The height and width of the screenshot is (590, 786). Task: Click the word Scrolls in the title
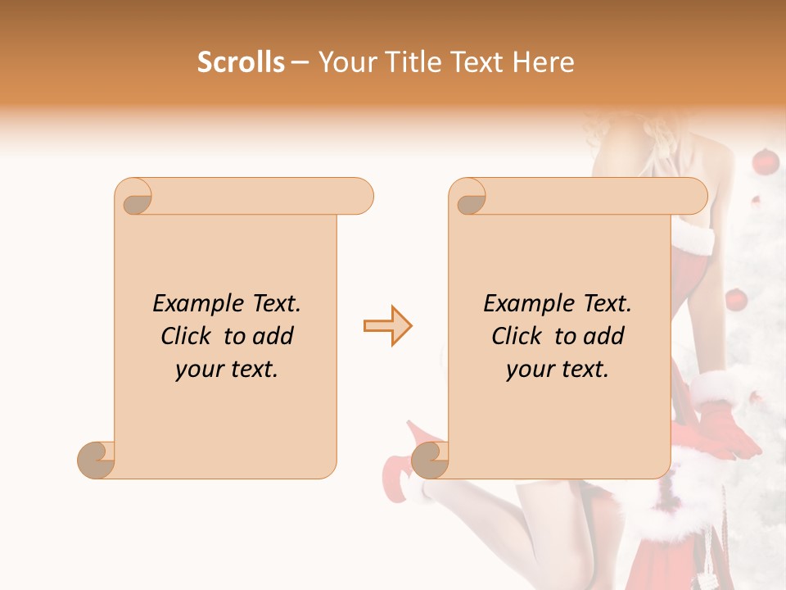[x=242, y=62]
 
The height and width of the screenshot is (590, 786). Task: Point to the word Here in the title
[x=544, y=62]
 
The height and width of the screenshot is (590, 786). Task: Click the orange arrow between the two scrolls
[x=387, y=326]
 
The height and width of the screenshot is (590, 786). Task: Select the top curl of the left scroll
[x=136, y=199]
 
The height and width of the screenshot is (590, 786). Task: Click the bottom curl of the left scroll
[x=96, y=460]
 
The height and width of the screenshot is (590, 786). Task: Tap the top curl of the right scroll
[x=470, y=199]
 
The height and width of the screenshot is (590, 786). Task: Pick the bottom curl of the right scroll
[x=430, y=460]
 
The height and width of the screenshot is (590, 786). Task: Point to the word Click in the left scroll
[x=187, y=337]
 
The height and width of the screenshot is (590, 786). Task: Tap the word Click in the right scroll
[x=517, y=337]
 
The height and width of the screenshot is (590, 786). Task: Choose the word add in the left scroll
[x=273, y=337]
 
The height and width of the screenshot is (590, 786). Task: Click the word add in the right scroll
[x=604, y=337]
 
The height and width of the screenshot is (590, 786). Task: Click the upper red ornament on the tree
[x=765, y=161]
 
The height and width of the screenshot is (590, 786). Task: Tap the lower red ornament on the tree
[x=736, y=300]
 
